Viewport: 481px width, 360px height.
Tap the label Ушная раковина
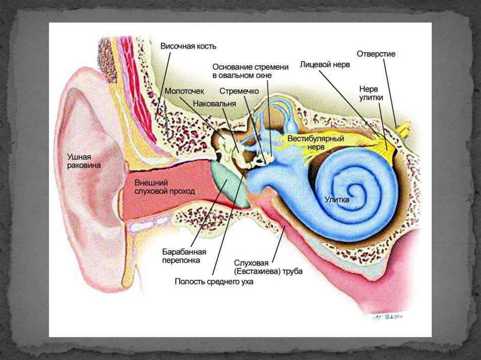[x=84, y=161]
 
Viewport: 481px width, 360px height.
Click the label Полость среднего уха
[x=214, y=282]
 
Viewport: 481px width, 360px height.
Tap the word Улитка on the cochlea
[x=337, y=199]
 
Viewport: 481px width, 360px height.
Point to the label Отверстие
[x=376, y=54]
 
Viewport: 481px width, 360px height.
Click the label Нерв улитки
[x=371, y=93]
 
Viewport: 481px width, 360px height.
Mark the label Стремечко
[x=240, y=90]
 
